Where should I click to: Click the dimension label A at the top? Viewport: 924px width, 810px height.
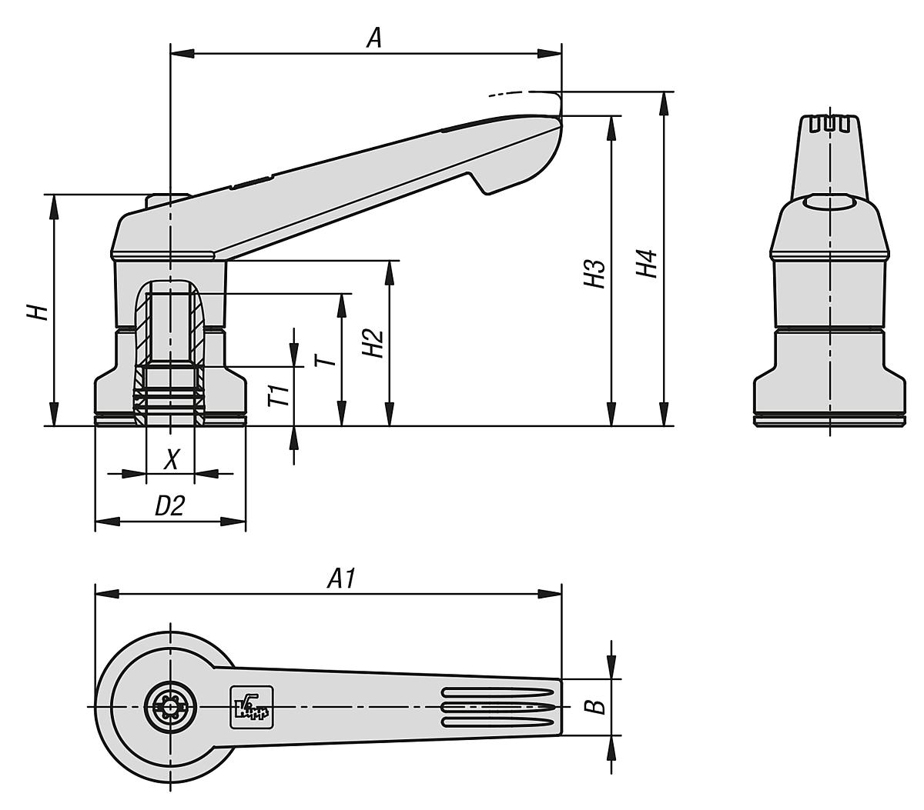coord(373,38)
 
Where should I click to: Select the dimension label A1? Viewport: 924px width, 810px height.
coord(341,578)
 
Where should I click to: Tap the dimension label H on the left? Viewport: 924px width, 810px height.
coord(38,312)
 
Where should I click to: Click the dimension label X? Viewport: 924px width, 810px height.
coord(172,460)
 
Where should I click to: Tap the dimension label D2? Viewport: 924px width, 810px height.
coord(170,505)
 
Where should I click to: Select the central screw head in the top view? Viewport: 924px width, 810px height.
coord(170,706)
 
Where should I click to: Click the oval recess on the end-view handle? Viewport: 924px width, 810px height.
coord(830,203)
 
